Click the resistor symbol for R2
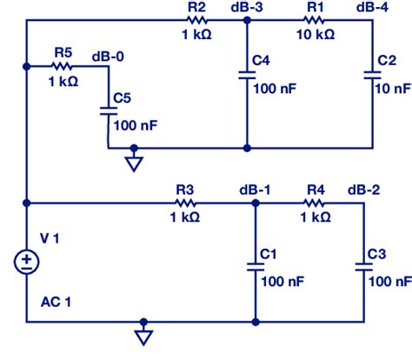[196, 20]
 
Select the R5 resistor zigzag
[63, 66]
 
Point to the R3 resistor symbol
[186, 203]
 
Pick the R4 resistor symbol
[315, 203]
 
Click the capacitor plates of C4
[247, 76]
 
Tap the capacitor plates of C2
[372, 76]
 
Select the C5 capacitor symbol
[109, 110]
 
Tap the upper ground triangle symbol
[133, 163]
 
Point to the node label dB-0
[108, 57]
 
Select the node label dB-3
[247, 8]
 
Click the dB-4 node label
[372, 8]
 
